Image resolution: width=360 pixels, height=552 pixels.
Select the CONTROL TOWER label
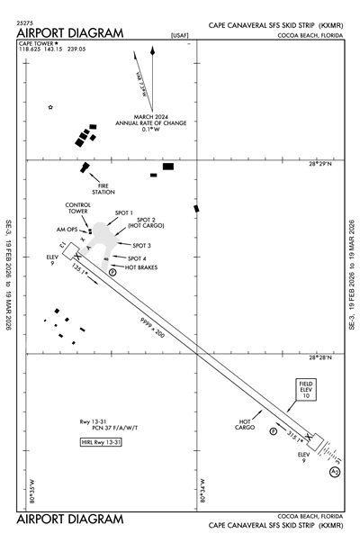78,209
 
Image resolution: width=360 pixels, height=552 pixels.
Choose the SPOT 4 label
137,258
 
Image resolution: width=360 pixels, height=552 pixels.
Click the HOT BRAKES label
142,267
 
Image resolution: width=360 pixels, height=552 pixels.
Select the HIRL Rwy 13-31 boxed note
99,442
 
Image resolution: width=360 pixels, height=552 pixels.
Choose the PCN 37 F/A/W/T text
99,428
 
